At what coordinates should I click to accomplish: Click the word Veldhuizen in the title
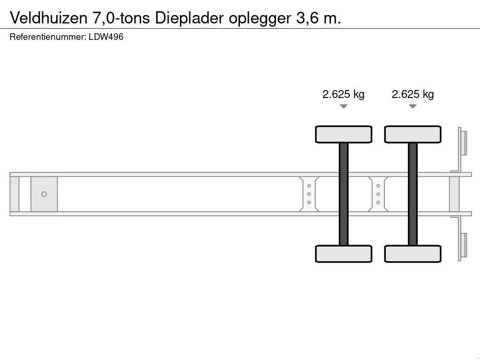48,18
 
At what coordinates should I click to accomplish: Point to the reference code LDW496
106,37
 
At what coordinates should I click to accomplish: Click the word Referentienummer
47,37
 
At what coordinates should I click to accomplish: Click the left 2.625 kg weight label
343,94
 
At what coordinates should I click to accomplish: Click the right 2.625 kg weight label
412,94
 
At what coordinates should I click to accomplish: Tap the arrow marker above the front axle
344,106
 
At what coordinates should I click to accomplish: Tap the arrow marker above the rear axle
412,106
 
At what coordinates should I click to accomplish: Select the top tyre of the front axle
344,134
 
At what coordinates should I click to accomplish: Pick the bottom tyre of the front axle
344,254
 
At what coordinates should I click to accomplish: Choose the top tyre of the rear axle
412,134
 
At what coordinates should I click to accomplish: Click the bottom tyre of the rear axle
412,254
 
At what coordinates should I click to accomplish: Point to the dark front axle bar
344,194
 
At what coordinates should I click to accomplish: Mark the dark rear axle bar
412,194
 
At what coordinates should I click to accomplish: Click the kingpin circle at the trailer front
44,194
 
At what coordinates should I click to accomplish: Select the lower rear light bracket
462,246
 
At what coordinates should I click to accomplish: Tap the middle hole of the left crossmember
309,194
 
